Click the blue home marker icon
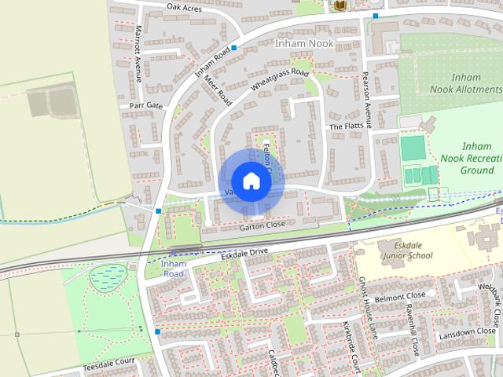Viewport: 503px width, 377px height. (x=251, y=181)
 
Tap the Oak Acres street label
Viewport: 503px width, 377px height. (x=184, y=7)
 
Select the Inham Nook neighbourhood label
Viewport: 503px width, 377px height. (x=305, y=44)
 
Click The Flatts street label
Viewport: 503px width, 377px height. (x=346, y=126)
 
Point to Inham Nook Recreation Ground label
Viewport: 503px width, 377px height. (x=477, y=158)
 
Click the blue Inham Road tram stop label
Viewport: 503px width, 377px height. (x=173, y=268)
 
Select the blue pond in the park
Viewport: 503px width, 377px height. (x=107, y=276)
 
